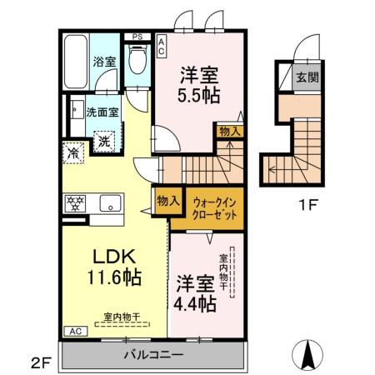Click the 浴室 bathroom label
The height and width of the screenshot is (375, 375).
coord(104,62)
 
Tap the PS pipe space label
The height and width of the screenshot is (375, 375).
coord(137,37)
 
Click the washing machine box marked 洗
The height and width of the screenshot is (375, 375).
coord(104,142)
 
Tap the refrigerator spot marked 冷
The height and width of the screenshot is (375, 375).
coord(73,153)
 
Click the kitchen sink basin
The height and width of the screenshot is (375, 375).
coord(108,203)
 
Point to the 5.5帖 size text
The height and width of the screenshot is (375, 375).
coord(200,95)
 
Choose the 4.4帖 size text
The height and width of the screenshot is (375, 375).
coord(196,304)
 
